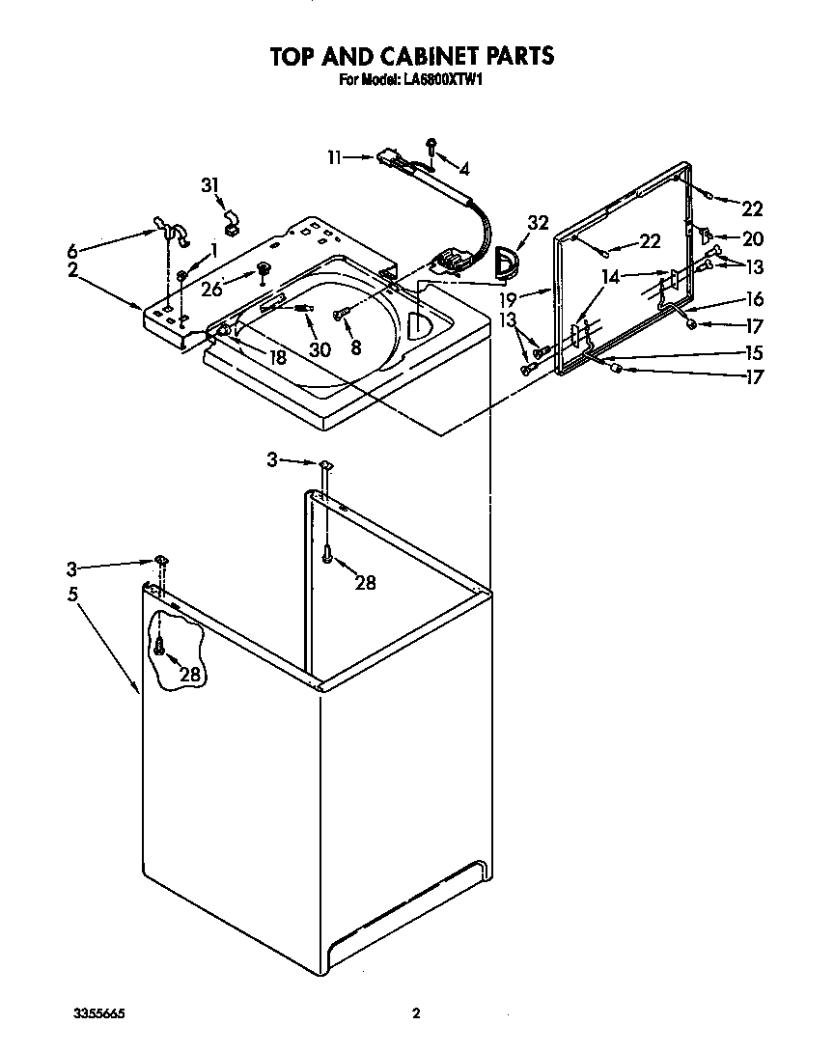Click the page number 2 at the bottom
pos(416,1013)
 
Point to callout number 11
pos(335,156)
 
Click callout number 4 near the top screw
pos(464,170)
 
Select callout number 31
pos(210,185)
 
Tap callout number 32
pos(538,223)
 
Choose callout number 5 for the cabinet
pos(72,596)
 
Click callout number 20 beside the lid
pos(752,238)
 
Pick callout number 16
pos(754,300)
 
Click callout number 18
pos(277,356)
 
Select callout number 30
pos(320,349)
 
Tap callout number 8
pos(356,349)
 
